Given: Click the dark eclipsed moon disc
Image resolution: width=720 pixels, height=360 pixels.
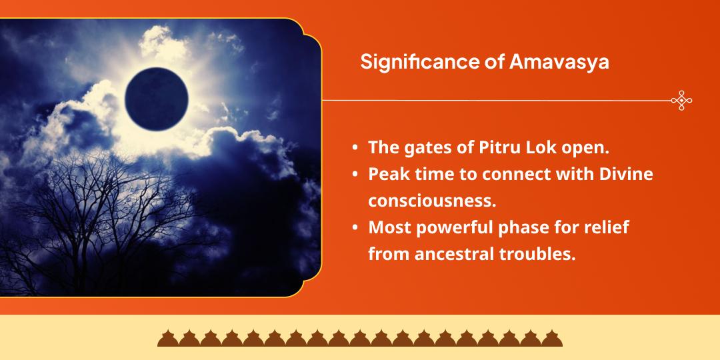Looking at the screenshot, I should click(156, 99).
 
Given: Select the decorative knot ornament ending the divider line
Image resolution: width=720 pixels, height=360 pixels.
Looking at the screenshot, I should click(681, 101).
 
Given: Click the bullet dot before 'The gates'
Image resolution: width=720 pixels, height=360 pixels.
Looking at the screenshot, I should click(355, 149).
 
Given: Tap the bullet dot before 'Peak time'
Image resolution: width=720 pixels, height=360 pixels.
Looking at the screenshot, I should click(355, 175).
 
